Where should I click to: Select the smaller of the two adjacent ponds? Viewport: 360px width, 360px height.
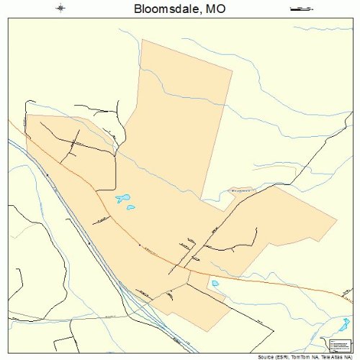131,208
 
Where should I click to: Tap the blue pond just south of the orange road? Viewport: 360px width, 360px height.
215,284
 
